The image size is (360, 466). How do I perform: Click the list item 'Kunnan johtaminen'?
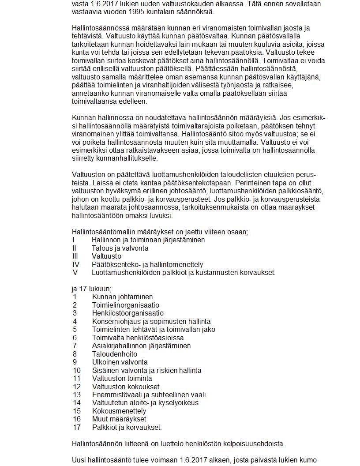pyautogui.click(x=122, y=297)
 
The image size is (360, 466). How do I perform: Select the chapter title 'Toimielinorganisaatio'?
pyautogui.click(x=125, y=305)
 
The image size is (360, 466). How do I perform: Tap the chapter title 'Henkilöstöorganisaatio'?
pyautogui.click(x=127, y=313)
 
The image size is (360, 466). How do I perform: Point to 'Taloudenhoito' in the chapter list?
pyautogui.click(x=114, y=354)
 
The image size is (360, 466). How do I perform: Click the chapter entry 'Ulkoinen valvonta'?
pyautogui.click(x=120, y=362)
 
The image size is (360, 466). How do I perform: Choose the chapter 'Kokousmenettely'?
pyautogui.click(x=119, y=411)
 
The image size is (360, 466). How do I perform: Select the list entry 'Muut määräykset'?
pyautogui.click(x=119, y=419)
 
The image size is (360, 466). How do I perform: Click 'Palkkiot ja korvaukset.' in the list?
pyautogui.click(x=127, y=427)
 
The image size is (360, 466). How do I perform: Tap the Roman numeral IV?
pyautogui.click(x=76, y=265)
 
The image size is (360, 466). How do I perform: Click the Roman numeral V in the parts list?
pyautogui.click(x=75, y=273)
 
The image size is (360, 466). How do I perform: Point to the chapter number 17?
pyautogui.click(x=77, y=427)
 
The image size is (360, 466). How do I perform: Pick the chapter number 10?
pyautogui.click(x=77, y=370)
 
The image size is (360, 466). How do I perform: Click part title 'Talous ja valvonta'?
pyautogui.click(x=120, y=248)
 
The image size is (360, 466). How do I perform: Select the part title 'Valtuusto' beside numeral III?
pyautogui.click(x=106, y=256)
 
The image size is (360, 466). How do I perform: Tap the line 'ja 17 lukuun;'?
pyautogui.click(x=91, y=289)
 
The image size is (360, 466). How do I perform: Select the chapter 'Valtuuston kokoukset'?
pyautogui.click(x=125, y=387)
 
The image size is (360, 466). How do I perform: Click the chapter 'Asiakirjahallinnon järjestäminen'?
pyautogui.click(x=141, y=346)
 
